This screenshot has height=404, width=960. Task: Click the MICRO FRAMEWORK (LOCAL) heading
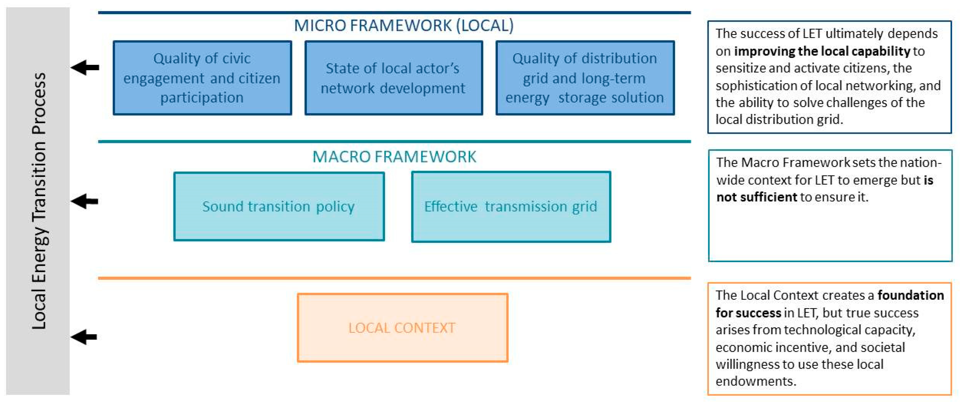[x=404, y=25]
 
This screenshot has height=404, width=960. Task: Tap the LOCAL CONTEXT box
[x=402, y=328]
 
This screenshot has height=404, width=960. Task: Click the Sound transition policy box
[x=278, y=206]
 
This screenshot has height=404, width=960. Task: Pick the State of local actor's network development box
[x=393, y=78]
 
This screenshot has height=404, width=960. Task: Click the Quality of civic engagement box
[x=202, y=78]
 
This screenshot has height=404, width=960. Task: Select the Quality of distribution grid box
[x=585, y=78]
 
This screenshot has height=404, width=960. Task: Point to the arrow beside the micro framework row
[x=85, y=67]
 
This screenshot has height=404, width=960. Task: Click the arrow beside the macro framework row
[x=85, y=201]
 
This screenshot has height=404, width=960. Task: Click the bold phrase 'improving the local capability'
[x=822, y=51]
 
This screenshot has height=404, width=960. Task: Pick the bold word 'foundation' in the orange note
[x=910, y=295]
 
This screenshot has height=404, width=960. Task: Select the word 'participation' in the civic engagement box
[x=202, y=98]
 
